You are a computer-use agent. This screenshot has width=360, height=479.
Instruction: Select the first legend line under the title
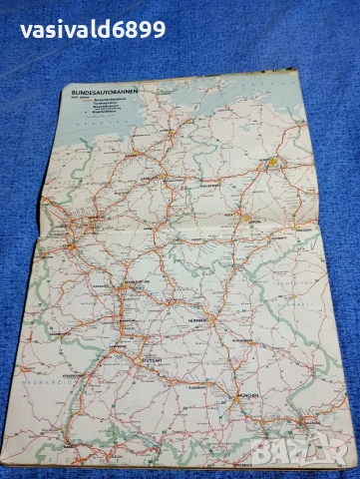pos(104,103)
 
